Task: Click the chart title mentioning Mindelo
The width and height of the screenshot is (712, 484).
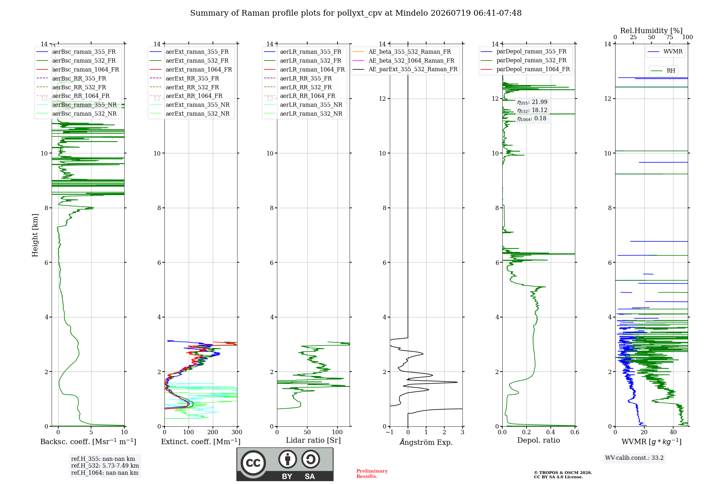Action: pos(356,13)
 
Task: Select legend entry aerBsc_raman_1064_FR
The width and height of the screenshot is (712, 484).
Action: pos(78,69)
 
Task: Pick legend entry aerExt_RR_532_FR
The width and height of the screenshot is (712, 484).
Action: pos(184,87)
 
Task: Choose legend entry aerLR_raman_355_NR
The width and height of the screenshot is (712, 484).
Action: pos(303,105)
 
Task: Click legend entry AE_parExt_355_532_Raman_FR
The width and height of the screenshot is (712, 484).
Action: pos(405,69)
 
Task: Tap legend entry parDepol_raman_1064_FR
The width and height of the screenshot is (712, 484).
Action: pos(525,69)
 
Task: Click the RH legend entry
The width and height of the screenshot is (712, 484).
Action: pos(663,70)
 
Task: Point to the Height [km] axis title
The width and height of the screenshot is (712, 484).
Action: pos(35,235)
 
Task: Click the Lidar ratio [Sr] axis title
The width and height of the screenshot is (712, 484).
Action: pos(313,440)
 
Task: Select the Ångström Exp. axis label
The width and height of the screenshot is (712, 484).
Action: pos(426,442)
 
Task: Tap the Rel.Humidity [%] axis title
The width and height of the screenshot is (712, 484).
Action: pos(651,31)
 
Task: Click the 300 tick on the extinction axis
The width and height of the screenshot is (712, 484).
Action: pos(237,432)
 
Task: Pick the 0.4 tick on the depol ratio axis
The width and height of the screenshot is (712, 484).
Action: pos(551,432)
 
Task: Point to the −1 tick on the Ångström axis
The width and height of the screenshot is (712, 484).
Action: pos(390,432)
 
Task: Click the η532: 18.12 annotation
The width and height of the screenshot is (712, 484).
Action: pos(532,110)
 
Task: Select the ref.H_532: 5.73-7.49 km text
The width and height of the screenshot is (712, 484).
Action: pos(105,465)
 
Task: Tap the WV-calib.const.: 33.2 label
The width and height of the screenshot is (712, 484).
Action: pos(634,458)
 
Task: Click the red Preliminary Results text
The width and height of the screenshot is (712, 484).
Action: pos(372,473)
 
